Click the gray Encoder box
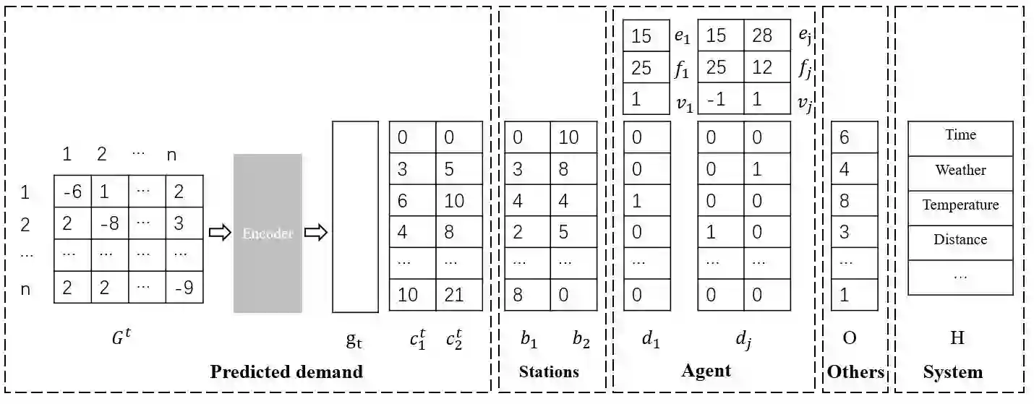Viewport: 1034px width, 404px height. (267, 233)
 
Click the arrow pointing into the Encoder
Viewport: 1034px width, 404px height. (217, 233)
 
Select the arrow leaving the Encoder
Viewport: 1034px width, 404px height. (316, 233)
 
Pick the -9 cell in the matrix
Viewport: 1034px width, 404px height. (184, 288)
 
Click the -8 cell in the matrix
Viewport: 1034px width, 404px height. (110, 223)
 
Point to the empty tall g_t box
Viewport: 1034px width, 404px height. (355, 217)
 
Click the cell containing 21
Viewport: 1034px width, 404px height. (458, 294)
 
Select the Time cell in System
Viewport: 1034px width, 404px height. (960, 135)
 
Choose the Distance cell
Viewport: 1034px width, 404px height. (960, 239)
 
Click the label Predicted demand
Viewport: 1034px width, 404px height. (286, 372)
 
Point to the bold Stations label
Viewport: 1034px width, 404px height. (549, 372)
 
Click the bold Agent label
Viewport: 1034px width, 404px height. (706, 371)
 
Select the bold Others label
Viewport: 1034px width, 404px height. (855, 372)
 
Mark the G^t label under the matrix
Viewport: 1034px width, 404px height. (121, 336)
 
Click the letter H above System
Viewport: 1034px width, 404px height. (957, 338)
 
